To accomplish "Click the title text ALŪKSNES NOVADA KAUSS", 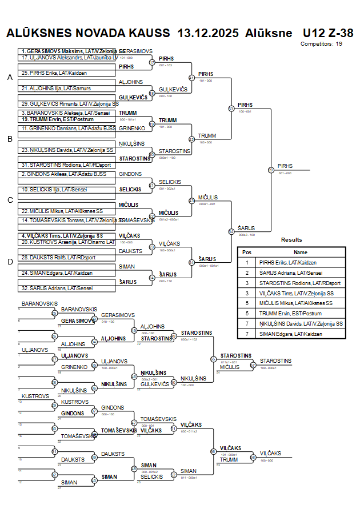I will coord(88,33).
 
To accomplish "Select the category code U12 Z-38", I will coord(328,33).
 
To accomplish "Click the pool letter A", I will coord(10,78).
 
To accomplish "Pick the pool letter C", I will coord(10,200).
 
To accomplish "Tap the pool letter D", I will coord(10,262).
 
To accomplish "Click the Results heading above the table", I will coord(291,240).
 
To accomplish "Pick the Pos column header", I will coord(247,252).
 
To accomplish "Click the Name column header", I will coord(301,252).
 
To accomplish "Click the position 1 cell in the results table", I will coord(247,262).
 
